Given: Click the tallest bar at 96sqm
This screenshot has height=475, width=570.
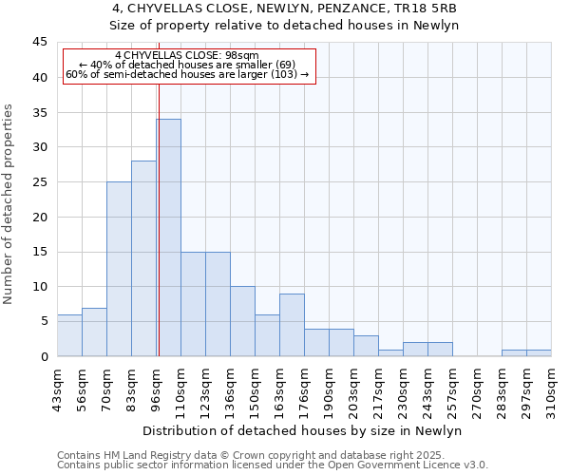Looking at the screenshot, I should (x=168, y=237).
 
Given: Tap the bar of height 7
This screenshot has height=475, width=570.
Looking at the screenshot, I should (x=94, y=332).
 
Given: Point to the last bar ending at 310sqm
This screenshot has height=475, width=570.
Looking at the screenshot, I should (x=539, y=352).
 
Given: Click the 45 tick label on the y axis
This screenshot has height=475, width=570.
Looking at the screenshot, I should (x=39, y=43).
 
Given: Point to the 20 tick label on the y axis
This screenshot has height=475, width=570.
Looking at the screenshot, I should (x=39, y=217).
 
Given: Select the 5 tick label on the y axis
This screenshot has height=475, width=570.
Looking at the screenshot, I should (x=43, y=321).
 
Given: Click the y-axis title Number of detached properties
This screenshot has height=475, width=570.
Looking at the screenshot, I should (x=9, y=204).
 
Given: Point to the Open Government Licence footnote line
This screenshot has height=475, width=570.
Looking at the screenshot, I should (x=273, y=465).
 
